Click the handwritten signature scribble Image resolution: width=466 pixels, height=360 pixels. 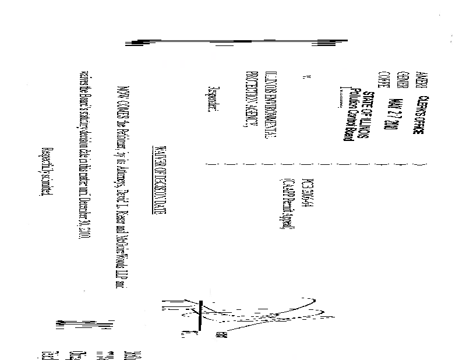click(x=192, y=315)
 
